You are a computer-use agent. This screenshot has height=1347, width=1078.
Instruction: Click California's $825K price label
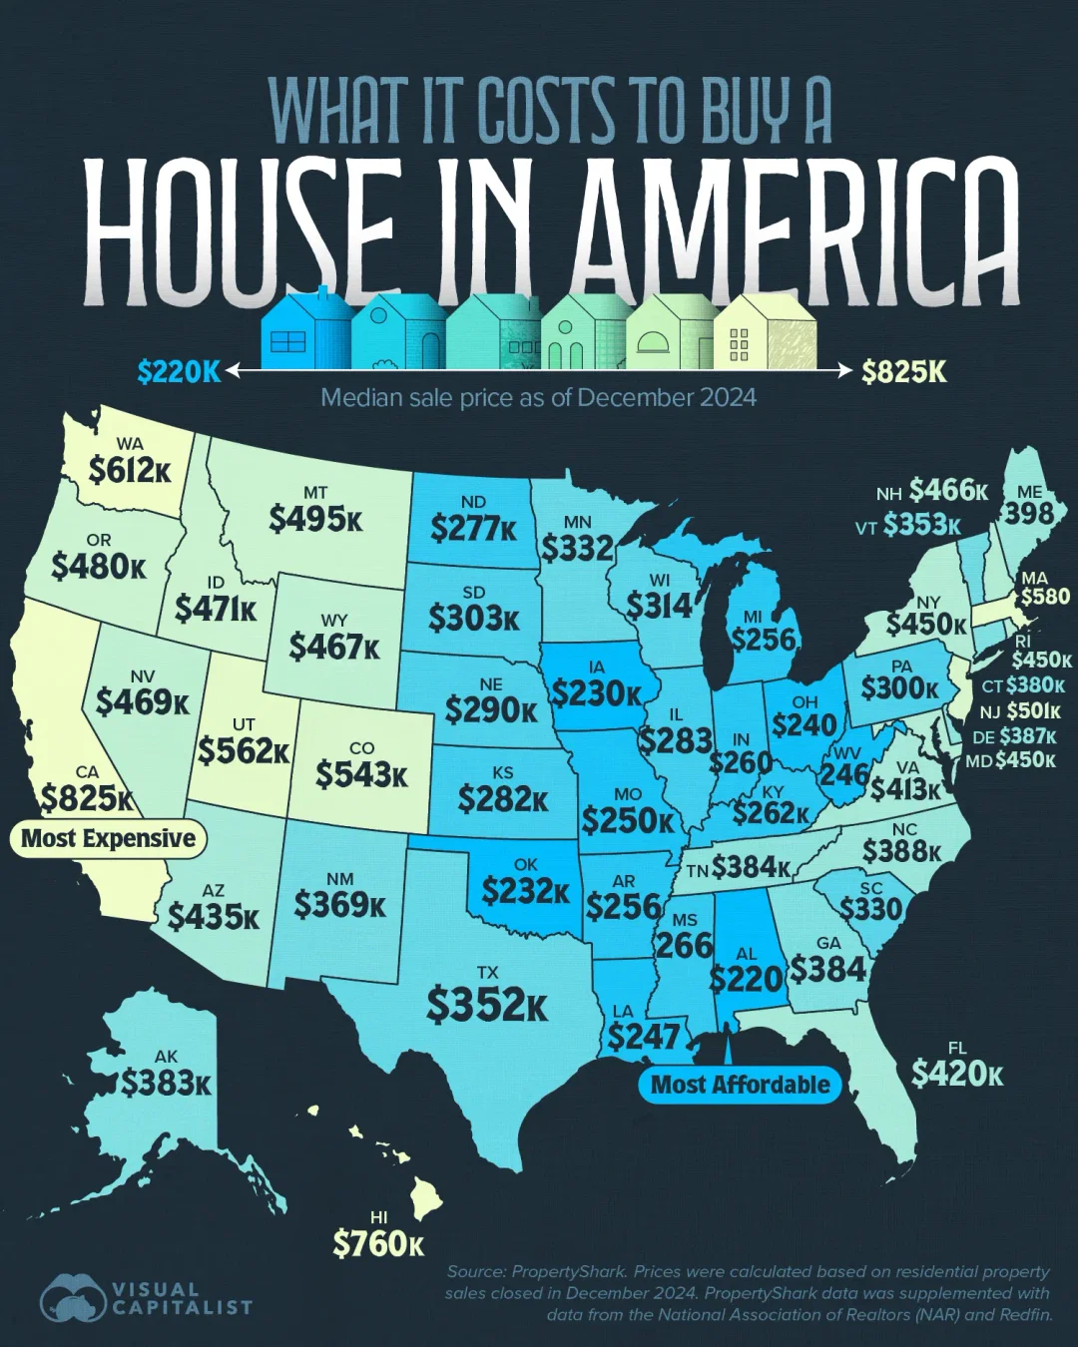tap(87, 799)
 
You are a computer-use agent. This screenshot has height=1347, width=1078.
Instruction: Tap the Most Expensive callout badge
tap(108, 838)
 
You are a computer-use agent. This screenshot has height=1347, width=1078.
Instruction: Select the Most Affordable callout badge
tap(740, 1085)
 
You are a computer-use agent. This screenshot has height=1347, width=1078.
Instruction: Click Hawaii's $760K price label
tap(378, 1244)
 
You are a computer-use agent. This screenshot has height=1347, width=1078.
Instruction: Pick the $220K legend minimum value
tap(179, 372)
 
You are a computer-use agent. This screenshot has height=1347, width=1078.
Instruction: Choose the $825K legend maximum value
tap(904, 372)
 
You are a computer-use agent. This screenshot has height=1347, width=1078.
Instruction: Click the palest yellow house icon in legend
tap(766, 332)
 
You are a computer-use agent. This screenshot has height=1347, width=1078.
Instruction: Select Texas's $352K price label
tap(487, 1005)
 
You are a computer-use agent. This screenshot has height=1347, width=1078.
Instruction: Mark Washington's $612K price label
tap(130, 470)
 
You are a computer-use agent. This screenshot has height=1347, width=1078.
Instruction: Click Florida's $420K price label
tap(956, 1074)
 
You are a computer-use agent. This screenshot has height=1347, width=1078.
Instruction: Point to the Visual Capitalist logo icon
tap(73, 1300)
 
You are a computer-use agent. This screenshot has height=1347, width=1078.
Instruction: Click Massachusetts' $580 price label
tap(1045, 597)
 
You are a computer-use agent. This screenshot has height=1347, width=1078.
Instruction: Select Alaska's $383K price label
tap(166, 1083)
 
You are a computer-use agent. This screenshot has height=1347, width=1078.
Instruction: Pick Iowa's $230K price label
tap(596, 692)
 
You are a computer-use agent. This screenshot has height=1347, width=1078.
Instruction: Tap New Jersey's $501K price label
tap(1032, 711)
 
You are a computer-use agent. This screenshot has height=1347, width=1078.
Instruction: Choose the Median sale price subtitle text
tap(538, 398)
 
